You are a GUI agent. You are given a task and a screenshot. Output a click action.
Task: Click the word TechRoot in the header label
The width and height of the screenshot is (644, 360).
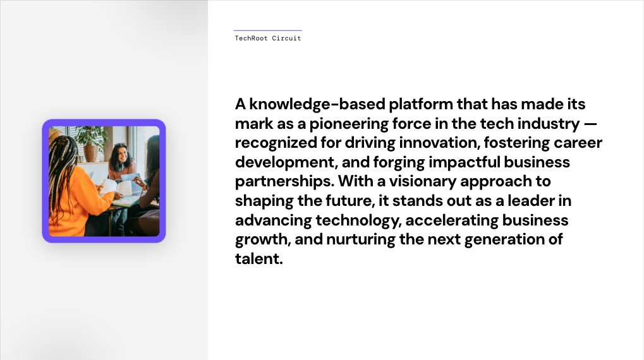251,38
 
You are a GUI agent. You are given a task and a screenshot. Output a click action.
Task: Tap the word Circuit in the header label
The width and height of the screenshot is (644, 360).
287,38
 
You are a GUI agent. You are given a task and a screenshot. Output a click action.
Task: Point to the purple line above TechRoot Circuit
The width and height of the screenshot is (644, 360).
268,30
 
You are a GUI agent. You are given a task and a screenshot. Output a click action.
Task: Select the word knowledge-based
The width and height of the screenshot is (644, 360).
317,104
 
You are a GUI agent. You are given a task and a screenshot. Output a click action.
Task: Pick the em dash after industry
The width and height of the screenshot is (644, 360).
590,124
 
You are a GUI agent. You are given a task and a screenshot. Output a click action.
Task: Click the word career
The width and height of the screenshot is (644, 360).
578,143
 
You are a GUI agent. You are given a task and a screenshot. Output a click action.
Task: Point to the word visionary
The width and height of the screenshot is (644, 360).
423,182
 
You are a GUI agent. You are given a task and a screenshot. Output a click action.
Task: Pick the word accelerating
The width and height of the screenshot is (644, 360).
452,221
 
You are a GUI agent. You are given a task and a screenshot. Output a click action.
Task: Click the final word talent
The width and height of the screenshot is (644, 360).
258,259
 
